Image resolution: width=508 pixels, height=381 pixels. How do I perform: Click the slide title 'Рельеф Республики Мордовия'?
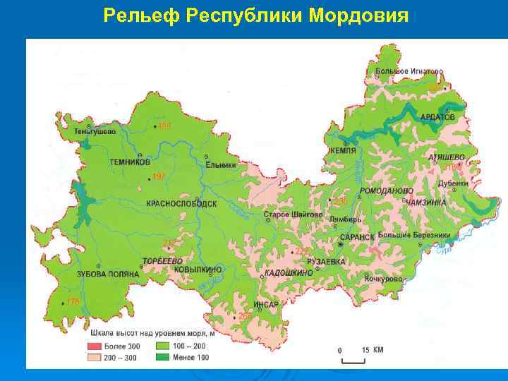click(255, 16)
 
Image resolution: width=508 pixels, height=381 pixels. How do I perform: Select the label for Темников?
click(129, 162)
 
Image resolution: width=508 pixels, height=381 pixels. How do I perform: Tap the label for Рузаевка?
click(326, 261)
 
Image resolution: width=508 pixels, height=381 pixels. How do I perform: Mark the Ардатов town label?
click(437, 117)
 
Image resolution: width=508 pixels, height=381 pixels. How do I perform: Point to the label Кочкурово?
click(384, 279)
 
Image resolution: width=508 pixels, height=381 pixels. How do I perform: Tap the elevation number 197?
click(159, 176)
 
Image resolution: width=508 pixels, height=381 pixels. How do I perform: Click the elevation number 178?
click(73, 302)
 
